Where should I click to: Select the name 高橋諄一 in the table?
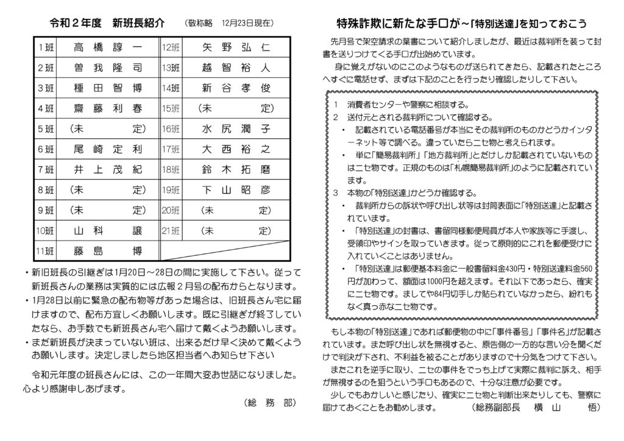pyautogui.click(x=107, y=48)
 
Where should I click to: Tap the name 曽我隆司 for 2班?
pyautogui.click(x=107, y=68)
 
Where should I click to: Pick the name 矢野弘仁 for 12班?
pyautogui.click(x=235, y=48)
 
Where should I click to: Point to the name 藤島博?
pyautogui.click(x=107, y=250)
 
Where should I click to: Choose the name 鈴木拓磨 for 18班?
pyautogui.click(x=235, y=169)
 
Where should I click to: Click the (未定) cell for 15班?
pyautogui.click(x=235, y=108)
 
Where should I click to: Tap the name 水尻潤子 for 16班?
pyautogui.click(x=235, y=129)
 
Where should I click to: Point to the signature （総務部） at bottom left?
pyautogui.click(x=266, y=403)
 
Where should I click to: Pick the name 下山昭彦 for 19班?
pyautogui.click(x=235, y=189)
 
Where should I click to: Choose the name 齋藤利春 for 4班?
pyautogui.click(x=107, y=108)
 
